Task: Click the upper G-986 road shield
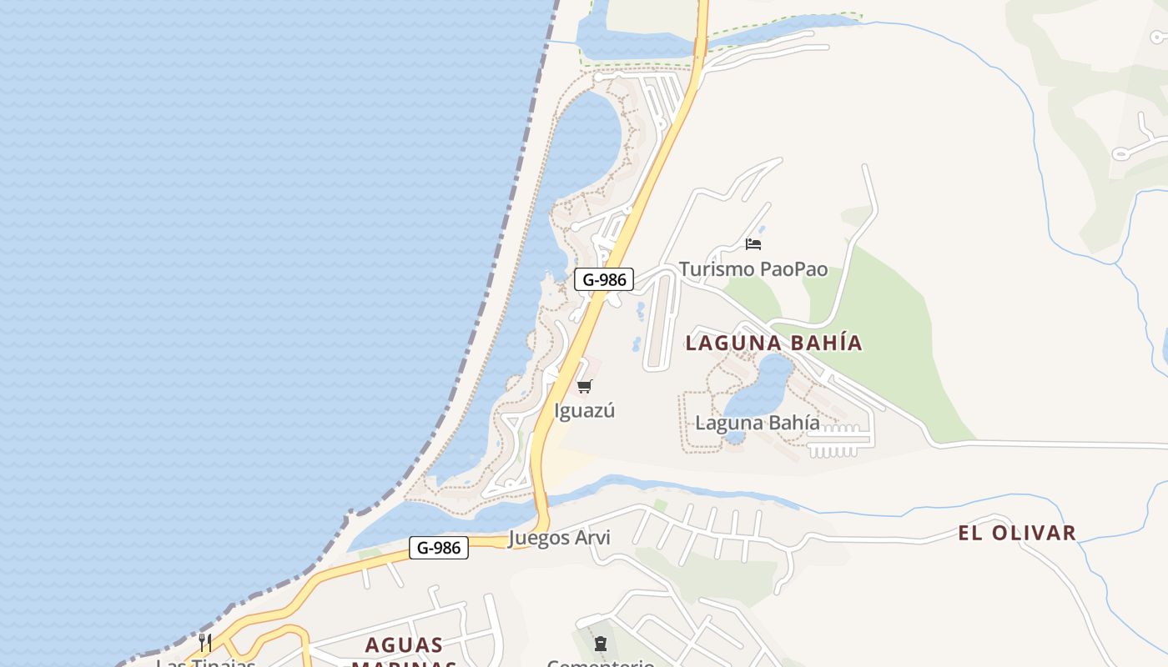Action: click(x=604, y=280)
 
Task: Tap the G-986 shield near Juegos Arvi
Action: click(x=439, y=548)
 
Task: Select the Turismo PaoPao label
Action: click(x=753, y=269)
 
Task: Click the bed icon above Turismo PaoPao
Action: click(x=753, y=244)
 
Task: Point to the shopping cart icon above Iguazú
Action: click(x=584, y=386)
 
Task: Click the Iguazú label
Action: click(x=584, y=410)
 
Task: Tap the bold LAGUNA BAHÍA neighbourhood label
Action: click(x=773, y=343)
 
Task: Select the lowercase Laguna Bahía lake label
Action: click(x=758, y=423)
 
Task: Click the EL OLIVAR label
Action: click(x=1017, y=533)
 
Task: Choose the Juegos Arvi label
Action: click(x=559, y=538)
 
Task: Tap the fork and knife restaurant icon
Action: click(x=205, y=642)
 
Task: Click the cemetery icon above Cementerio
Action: click(x=600, y=643)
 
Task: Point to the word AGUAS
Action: click(x=405, y=644)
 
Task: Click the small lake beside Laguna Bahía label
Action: click(x=763, y=384)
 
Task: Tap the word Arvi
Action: click(x=592, y=538)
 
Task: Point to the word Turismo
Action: click(x=712, y=269)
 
